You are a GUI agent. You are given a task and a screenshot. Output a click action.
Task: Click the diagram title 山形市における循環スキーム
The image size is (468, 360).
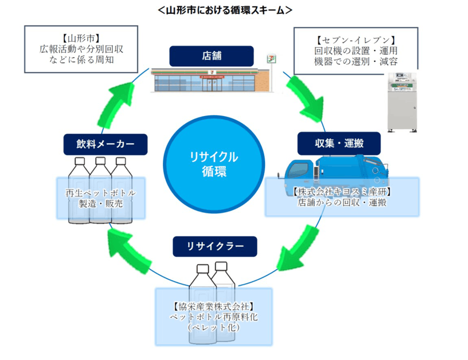click(x=225, y=10)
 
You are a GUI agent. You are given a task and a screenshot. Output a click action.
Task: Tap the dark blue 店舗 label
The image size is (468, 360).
click(x=211, y=56)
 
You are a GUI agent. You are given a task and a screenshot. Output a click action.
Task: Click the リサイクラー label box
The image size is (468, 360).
click(x=215, y=247)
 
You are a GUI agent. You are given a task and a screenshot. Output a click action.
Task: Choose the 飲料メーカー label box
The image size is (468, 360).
click(x=106, y=144)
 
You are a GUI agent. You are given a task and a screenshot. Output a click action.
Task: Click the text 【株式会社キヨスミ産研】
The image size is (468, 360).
click(x=342, y=192)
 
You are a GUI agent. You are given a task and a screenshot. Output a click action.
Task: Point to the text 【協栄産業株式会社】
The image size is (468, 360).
click(x=214, y=306)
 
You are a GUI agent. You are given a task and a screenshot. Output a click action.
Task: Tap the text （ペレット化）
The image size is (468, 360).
click(x=214, y=327)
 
